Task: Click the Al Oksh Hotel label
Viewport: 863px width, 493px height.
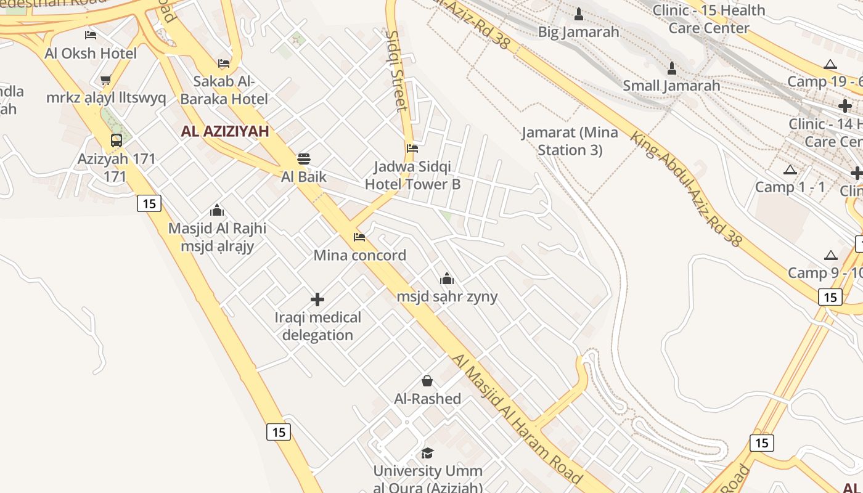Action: click(91, 53)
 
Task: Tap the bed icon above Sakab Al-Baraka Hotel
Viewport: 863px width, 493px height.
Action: click(224, 63)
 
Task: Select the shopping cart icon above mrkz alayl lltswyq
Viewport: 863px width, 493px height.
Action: click(105, 80)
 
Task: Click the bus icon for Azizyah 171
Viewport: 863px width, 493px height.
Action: click(117, 141)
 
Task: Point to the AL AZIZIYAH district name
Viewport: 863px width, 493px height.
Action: click(225, 131)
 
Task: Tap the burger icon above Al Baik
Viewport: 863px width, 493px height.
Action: click(303, 159)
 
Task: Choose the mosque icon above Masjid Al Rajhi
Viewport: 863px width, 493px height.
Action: click(217, 211)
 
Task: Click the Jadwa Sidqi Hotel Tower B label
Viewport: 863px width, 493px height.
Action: click(412, 175)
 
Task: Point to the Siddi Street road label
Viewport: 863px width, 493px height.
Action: click(396, 70)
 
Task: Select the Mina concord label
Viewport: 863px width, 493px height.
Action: click(360, 255)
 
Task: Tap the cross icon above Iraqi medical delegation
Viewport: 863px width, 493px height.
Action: click(317, 300)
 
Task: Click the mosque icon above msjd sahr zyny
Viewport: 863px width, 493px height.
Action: click(447, 279)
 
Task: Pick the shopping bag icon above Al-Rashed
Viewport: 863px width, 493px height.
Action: click(427, 381)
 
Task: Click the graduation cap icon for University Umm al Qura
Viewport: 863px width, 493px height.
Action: click(427, 454)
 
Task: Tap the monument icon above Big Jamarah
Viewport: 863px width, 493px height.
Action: click(579, 14)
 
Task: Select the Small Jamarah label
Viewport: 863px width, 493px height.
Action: click(671, 86)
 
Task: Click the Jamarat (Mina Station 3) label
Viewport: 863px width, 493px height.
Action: click(570, 141)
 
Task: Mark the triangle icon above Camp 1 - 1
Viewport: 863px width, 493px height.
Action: click(790, 170)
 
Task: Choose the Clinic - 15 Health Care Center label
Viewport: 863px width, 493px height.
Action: click(709, 19)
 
